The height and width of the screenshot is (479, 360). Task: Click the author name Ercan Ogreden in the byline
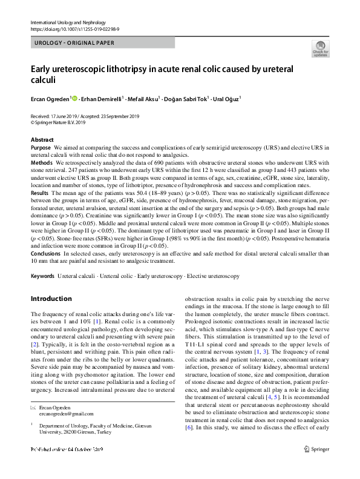tap(50, 98)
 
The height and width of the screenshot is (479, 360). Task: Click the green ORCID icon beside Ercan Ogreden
tap(74, 97)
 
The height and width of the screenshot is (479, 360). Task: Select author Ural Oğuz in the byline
tap(225, 98)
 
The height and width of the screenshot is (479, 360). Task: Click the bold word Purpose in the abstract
tap(41, 148)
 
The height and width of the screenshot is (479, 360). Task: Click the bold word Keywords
tap(42, 276)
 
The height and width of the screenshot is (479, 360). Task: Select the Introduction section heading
tap(51, 299)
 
